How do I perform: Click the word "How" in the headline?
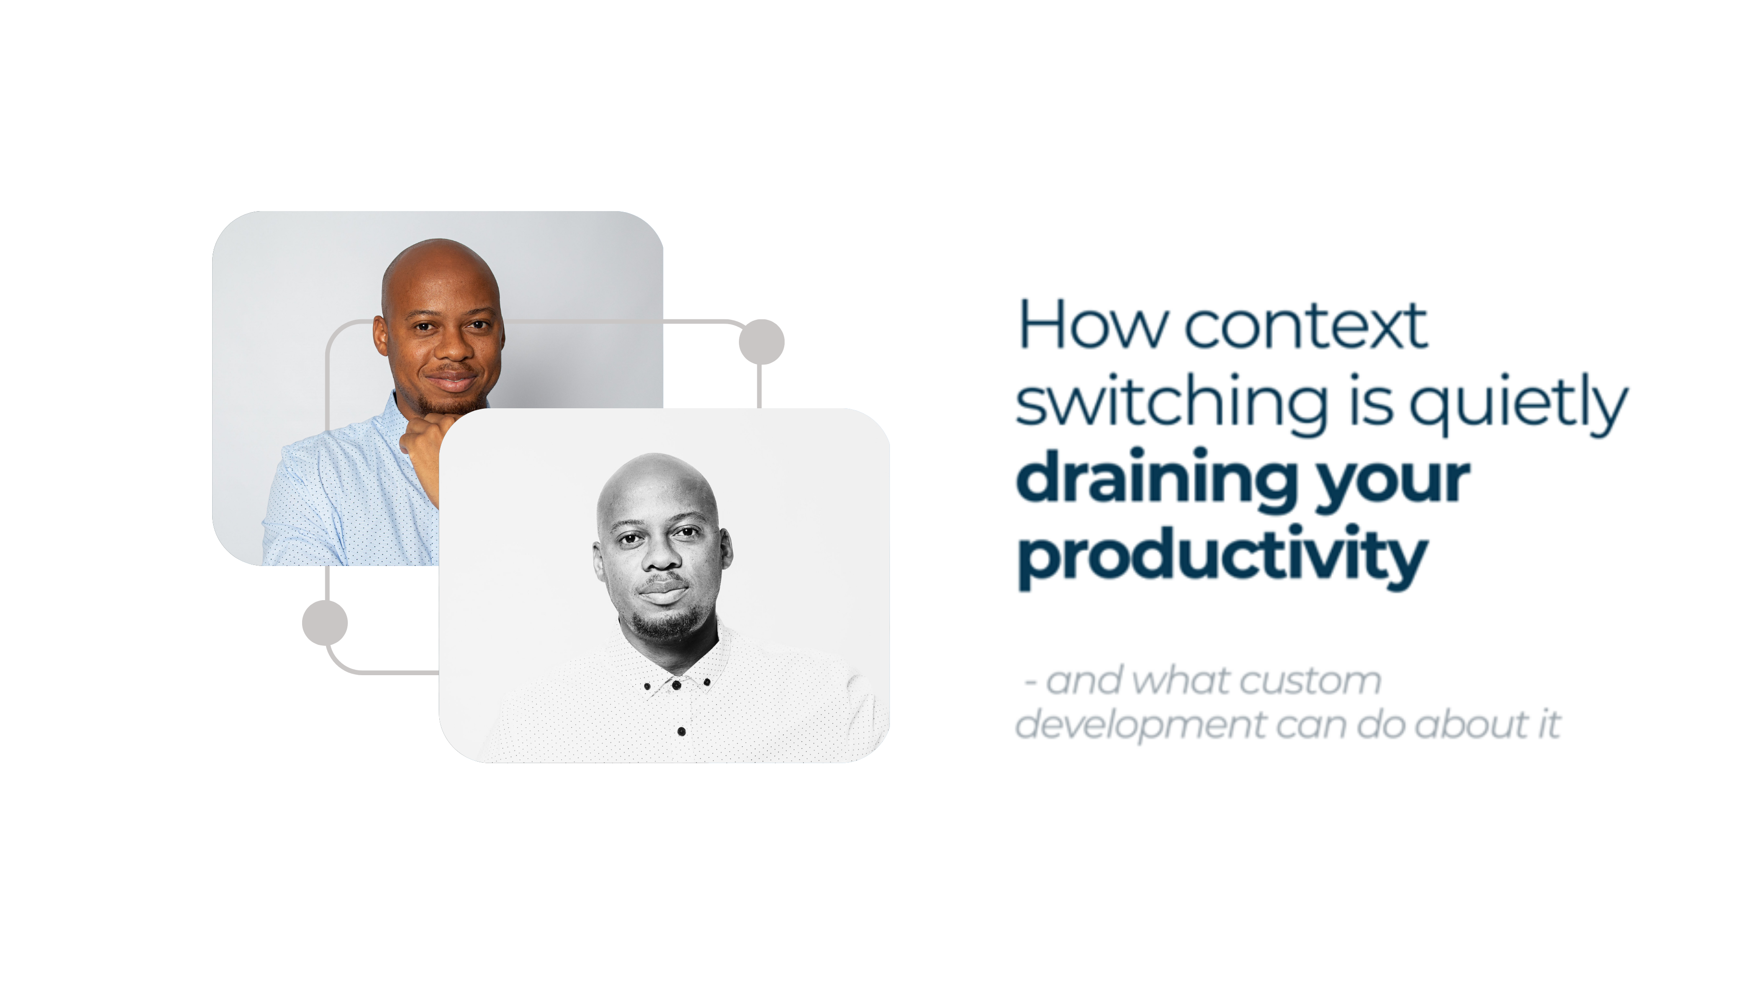coord(1093,325)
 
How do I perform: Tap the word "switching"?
coord(1172,403)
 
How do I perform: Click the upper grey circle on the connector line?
coord(762,341)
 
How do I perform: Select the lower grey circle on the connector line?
coord(325,623)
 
